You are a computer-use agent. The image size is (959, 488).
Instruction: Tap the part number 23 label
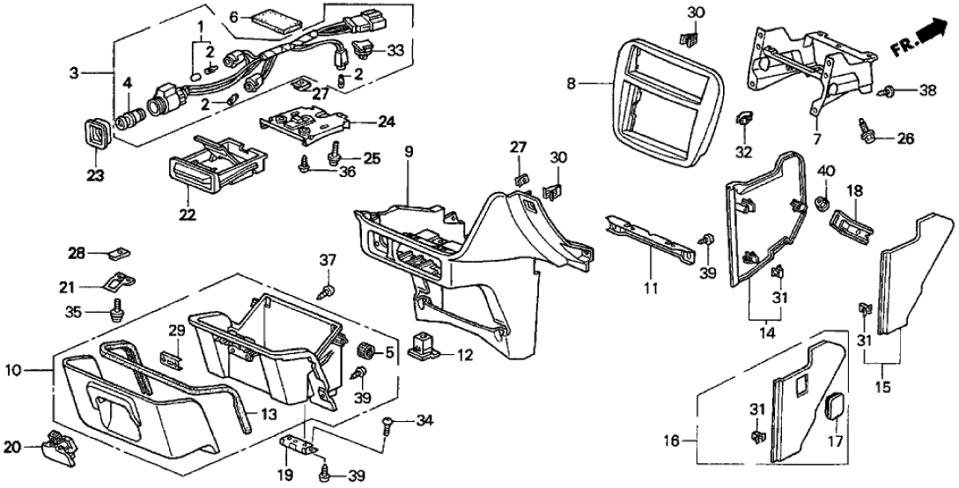click(x=95, y=174)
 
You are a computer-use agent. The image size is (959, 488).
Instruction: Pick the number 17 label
click(x=834, y=442)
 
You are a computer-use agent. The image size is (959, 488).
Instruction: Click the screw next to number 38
click(x=887, y=91)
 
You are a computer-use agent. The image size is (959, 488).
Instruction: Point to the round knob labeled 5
click(x=363, y=352)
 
